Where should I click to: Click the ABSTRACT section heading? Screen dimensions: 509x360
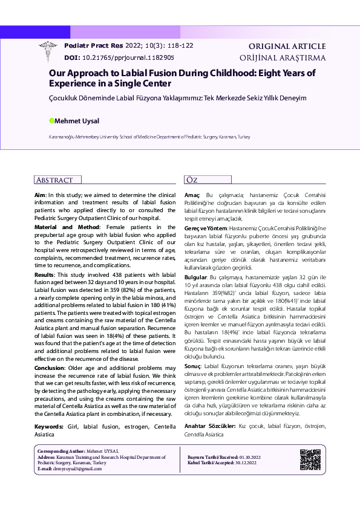click(x=55, y=180)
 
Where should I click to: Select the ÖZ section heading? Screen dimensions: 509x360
click(x=192, y=180)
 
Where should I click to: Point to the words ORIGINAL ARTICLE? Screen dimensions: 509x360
click(x=287, y=46)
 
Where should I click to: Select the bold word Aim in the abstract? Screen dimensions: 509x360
click(x=39, y=195)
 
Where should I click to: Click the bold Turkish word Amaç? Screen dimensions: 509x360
click(x=192, y=195)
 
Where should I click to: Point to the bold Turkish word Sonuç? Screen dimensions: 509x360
click(x=192, y=366)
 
